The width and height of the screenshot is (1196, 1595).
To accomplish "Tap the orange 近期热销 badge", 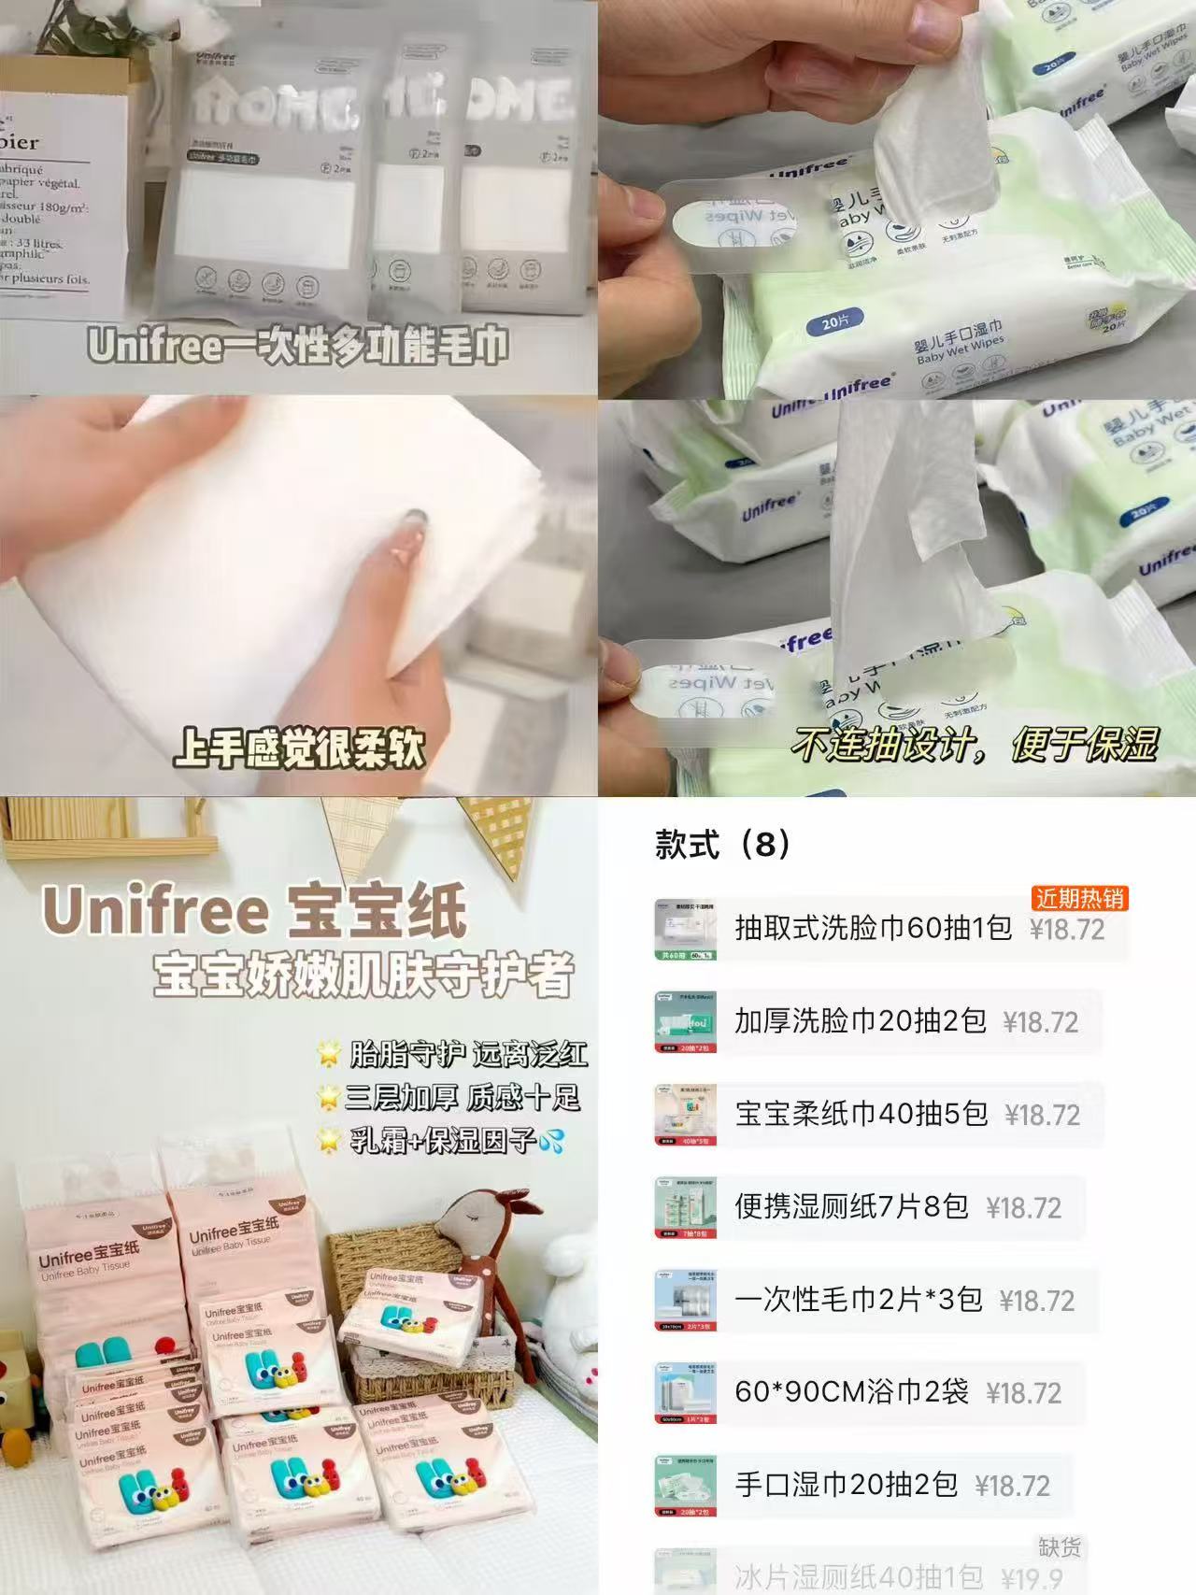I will pos(1079,899).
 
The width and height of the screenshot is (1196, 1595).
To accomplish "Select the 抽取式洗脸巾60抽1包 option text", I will pos(873,928).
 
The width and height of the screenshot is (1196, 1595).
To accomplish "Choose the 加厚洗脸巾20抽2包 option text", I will pos(860,1021).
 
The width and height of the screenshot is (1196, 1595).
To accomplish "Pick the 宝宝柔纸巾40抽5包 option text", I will pos(861,1114).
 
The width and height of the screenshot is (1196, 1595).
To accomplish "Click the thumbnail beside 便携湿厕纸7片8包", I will pos(685,1207).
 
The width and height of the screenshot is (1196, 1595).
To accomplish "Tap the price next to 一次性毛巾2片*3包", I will pos(1037,1300).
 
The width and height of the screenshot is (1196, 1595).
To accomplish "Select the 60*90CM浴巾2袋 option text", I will pos(851,1391).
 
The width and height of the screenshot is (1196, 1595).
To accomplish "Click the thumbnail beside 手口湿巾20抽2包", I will pos(685,1485).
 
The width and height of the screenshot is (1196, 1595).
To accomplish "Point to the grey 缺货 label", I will pos(1059,1547).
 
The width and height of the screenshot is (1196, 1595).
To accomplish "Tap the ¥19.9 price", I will pos(1032,1578).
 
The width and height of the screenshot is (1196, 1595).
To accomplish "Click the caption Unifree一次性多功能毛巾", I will pos(298,347).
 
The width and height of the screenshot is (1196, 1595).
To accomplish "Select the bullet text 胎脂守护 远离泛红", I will pos(468,1054).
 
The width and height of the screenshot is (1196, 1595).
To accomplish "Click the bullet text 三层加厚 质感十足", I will pos(463,1097).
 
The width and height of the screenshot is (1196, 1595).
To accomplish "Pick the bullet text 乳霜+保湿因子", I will pos(443,1140).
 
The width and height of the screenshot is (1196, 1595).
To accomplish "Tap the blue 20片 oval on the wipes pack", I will pos(834,324).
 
